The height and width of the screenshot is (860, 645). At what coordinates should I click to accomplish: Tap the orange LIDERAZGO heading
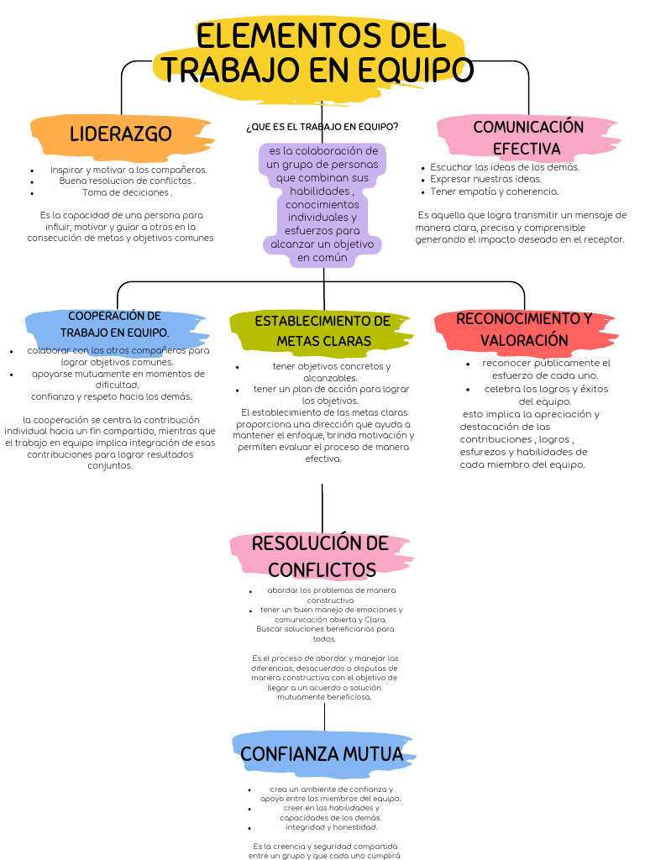tap(121, 134)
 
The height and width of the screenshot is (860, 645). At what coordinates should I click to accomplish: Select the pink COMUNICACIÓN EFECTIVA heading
tap(527, 138)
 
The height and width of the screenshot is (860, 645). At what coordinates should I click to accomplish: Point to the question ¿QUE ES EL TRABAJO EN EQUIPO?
tap(322, 127)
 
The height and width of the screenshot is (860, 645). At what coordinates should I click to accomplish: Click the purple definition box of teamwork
tap(322, 204)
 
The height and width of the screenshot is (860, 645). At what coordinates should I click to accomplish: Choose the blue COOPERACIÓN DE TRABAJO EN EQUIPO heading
tap(115, 324)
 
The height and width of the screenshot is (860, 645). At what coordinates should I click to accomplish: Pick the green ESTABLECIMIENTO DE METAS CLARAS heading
tap(322, 331)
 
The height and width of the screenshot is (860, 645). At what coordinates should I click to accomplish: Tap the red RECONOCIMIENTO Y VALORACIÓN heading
tap(524, 330)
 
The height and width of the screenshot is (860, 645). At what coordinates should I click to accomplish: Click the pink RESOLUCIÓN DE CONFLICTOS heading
tap(320, 556)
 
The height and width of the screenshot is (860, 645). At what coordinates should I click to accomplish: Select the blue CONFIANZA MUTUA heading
tap(322, 754)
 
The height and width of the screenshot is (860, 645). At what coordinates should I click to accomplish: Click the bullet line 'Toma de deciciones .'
tap(127, 192)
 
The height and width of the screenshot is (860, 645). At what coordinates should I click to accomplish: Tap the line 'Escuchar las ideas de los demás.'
tap(505, 167)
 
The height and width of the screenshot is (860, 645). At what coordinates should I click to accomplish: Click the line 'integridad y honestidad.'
tap(331, 827)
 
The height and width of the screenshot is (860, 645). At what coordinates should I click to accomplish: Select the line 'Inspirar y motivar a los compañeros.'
tap(128, 170)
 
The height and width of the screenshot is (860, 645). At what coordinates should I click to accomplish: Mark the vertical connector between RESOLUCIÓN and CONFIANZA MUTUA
tap(324, 716)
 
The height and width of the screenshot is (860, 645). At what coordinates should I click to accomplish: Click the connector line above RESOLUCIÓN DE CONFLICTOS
tap(322, 507)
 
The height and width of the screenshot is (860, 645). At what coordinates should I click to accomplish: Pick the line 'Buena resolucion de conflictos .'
tap(128, 181)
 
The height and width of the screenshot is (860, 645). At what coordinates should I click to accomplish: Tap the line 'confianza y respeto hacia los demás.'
tap(111, 396)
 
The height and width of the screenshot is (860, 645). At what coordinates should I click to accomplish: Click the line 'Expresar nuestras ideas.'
tap(486, 179)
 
